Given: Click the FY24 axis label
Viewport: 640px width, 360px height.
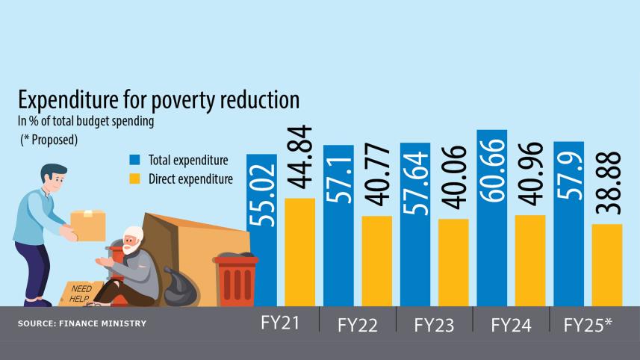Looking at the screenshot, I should coord(511,325).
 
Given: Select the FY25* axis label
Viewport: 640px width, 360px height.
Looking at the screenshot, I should coord(588,325).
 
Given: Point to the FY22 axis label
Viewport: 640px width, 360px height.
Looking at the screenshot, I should coord(357,326).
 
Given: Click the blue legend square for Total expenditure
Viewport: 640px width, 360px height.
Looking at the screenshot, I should coord(134,160).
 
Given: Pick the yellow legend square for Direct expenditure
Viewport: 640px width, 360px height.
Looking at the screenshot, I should coord(134,179).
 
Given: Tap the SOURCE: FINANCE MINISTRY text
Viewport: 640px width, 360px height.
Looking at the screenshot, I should coord(81,323).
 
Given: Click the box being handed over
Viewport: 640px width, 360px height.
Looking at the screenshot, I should coord(87,225).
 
